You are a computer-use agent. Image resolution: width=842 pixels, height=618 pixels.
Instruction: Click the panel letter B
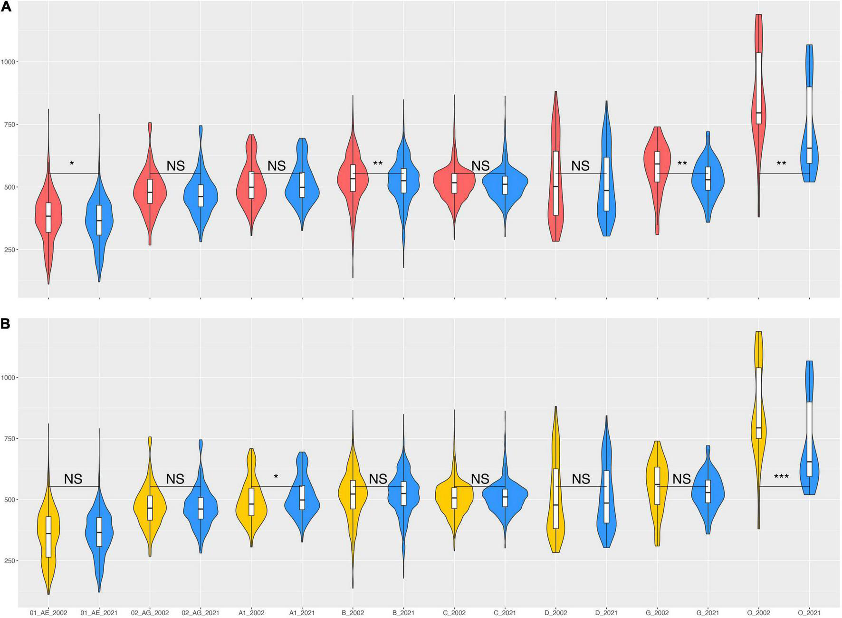click(x=6, y=324)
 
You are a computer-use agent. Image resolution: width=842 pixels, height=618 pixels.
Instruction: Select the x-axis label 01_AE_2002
click(x=48, y=613)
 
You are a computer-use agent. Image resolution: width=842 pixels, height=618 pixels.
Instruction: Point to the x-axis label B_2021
click(x=403, y=613)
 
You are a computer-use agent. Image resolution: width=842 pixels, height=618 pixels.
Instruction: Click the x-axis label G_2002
click(x=657, y=613)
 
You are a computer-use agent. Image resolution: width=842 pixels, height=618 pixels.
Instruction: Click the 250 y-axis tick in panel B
click(x=10, y=561)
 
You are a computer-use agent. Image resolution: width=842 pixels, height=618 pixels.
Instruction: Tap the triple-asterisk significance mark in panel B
click(x=781, y=477)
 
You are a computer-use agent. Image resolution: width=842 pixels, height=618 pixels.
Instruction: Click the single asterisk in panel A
click(x=72, y=164)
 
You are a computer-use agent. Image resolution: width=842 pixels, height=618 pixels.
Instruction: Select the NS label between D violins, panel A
click(x=580, y=166)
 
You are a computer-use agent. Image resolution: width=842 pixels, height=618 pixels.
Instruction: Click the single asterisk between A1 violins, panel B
click(x=276, y=477)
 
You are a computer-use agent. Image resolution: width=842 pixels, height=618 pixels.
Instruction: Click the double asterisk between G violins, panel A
click(x=682, y=164)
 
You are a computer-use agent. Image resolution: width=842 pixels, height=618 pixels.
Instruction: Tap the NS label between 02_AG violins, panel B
click(x=175, y=479)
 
